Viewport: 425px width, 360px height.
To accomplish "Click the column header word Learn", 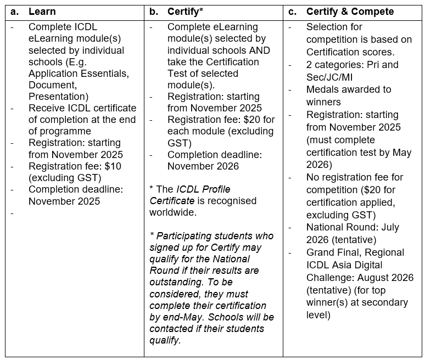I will [42, 12].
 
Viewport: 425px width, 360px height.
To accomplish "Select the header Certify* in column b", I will [186, 12].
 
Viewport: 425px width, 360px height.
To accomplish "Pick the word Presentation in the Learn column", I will [57, 97].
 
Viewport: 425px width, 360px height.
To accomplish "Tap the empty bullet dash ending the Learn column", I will [13, 213].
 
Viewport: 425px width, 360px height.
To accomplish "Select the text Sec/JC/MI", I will [329, 77].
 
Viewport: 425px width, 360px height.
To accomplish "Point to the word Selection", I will [327, 26].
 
